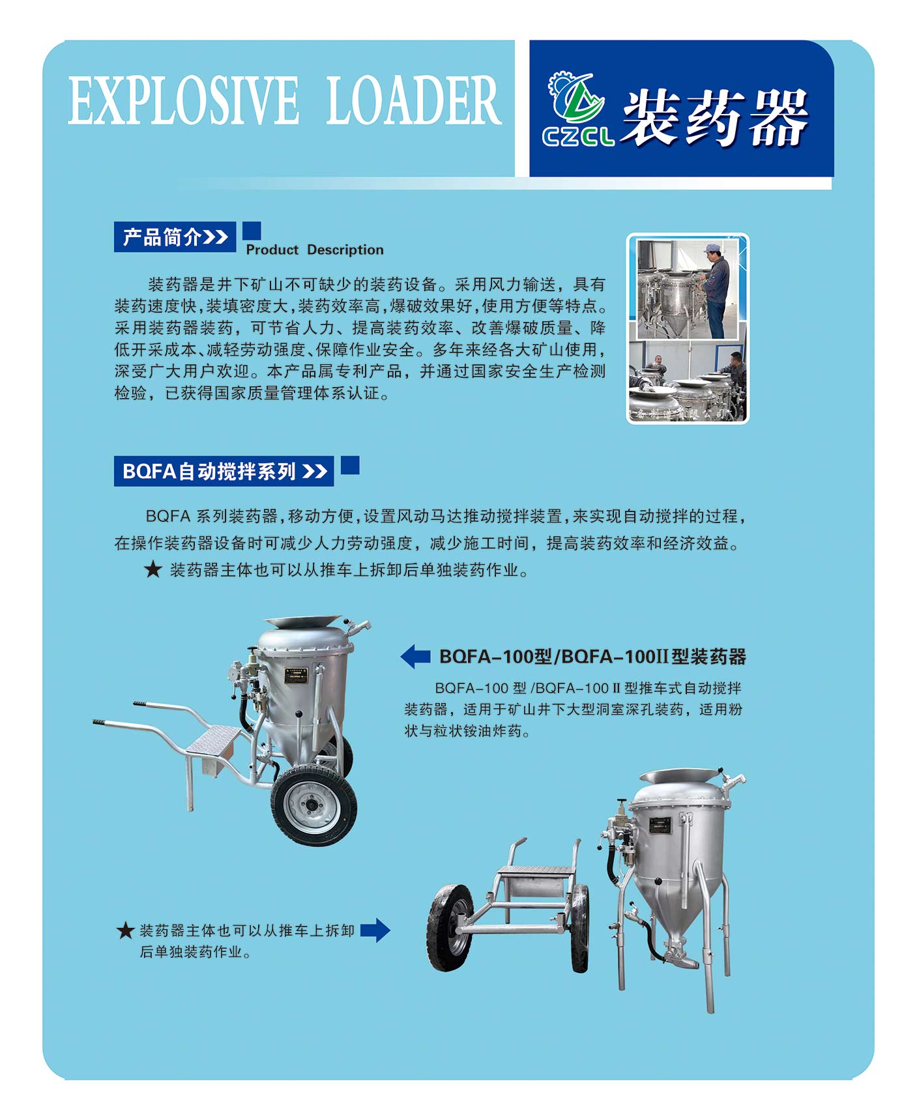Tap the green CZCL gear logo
[577, 108]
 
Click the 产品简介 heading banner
[175, 237]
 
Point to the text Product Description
[315, 250]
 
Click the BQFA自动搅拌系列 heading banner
[224, 470]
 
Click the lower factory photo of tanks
[688, 381]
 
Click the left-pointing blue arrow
[415, 656]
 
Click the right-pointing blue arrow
[375, 930]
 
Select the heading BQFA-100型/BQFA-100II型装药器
[592, 656]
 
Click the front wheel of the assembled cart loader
[313, 805]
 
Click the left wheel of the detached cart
[450, 928]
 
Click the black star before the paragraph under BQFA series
[153, 569]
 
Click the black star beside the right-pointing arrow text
[126, 930]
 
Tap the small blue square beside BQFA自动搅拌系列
[350, 465]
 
